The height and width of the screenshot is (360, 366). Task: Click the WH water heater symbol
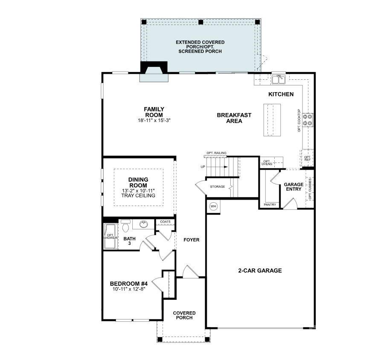point(213,206)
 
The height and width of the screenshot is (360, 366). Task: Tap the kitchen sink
point(279,79)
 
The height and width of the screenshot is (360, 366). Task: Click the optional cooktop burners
point(308,120)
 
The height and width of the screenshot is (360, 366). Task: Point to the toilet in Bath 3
point(125,226)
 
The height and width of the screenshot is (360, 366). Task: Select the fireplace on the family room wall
point(154,72)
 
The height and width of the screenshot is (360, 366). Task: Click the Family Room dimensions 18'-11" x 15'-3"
point(154,121)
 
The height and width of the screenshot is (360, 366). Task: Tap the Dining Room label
point(138,183)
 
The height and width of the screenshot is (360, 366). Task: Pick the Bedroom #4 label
point(128,284)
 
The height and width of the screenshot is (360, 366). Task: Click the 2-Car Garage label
point(260,270)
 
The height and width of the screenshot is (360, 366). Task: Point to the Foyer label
point(192,240)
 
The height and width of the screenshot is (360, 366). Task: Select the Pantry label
point(270,205)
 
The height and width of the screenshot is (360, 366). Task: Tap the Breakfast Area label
point(234,118)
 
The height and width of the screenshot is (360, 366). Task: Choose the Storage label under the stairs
point(217,187)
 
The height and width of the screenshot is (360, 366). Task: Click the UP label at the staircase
point(203,166)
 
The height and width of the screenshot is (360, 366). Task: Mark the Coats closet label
point(165,222)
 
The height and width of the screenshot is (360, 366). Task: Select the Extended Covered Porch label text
point(200,47)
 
